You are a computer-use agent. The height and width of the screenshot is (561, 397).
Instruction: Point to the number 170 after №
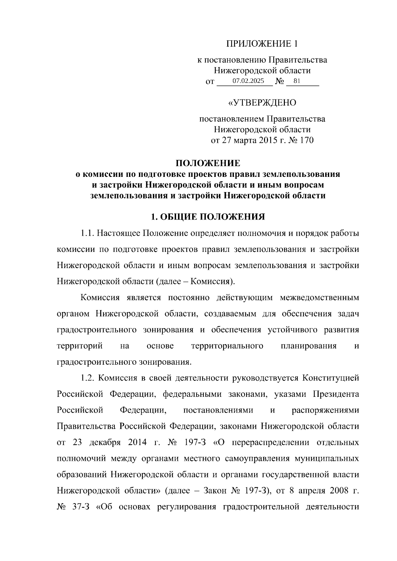click(x=306, y=140)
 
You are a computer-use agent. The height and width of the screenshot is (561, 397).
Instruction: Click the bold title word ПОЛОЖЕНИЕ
click(x=208, y=163)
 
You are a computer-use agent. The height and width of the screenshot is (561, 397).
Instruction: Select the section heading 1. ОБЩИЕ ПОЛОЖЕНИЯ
click(x=208, y=217)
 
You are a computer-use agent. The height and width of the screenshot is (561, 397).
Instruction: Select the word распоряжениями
click(x=325, y=410)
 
